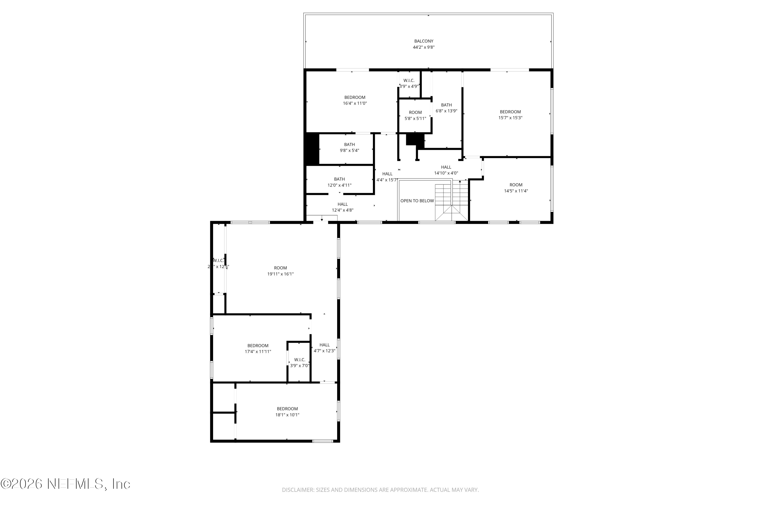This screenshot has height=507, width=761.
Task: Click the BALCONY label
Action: [x=424, y=41]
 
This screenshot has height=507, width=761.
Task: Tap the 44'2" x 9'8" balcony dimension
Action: [x=424, y=47]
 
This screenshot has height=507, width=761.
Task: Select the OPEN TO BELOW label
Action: [x=417, y=201]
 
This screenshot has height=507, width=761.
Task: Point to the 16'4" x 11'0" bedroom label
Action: [x=355, y=100]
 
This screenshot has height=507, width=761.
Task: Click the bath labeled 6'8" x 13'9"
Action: [x=446, y=108]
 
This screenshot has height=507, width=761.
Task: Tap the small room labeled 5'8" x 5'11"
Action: [x=415, y=115]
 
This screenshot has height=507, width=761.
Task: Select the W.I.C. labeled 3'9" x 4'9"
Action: [x=409, y=83]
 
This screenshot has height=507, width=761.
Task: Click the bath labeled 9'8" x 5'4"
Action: [x=350, y=148]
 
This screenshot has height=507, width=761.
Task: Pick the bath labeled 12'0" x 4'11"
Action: [x=339, y=182]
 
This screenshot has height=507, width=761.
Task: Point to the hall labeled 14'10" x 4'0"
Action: [x=446, y=170]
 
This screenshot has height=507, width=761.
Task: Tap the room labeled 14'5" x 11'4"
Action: [x=516, y=188]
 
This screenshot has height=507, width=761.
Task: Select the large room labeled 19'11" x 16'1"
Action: [x=281, y=271]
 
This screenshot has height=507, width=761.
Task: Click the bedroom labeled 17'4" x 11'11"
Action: [x=258, y=349]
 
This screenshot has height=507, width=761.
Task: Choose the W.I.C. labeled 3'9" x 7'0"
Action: [x=300, y=363]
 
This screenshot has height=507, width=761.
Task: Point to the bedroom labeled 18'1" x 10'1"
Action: [x=287, y=412]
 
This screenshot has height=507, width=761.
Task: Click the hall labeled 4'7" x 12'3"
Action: [x=324, y=348]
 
